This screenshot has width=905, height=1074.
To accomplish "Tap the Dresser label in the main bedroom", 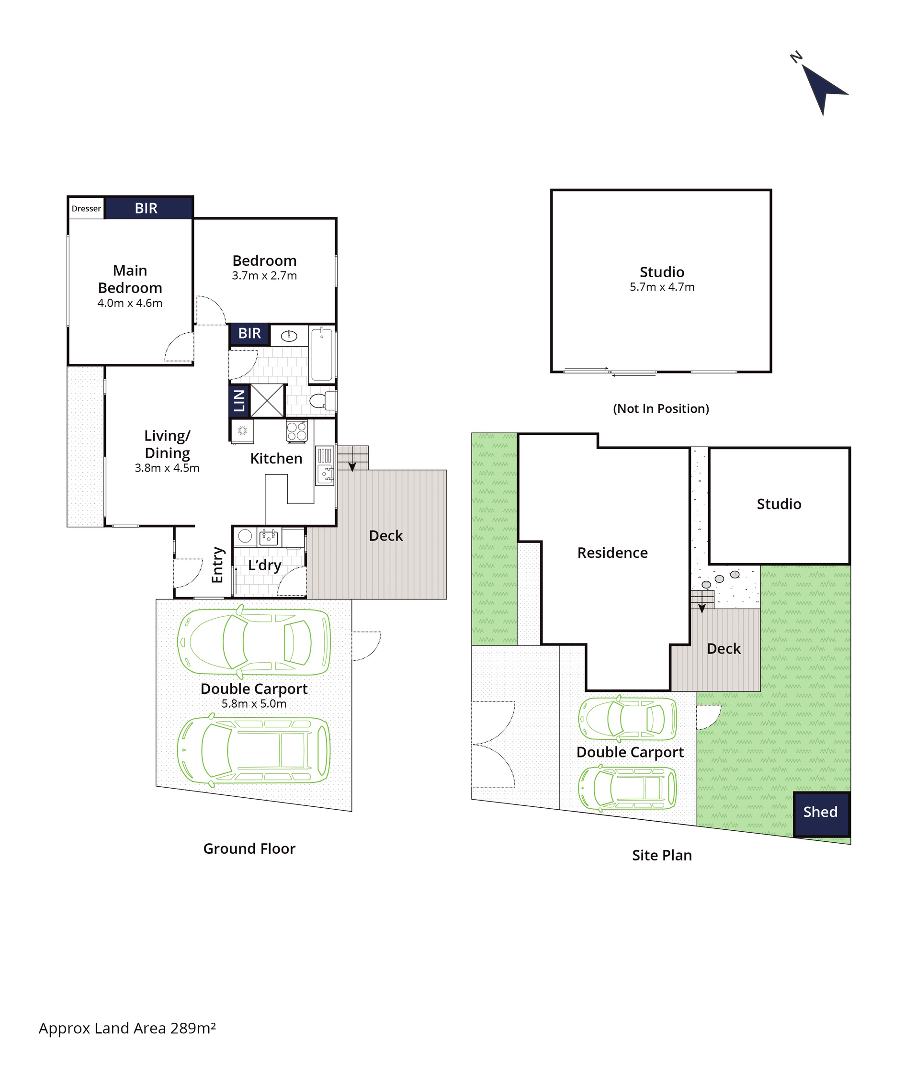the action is click(86, 209).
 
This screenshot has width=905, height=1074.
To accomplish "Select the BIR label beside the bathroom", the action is click(249, 333).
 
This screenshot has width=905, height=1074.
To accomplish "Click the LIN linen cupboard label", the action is click(239, 401).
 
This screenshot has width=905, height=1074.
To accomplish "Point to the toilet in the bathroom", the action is click(322, 401).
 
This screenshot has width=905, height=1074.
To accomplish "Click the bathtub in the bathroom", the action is click(322, 354).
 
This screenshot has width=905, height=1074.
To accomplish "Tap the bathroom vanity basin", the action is click(289, 336).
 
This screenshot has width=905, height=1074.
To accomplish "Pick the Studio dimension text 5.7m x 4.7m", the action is click(662, 287).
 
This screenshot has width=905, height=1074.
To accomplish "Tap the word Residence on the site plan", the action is click(612, 553).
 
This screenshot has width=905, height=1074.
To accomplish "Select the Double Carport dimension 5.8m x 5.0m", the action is click(254, 704).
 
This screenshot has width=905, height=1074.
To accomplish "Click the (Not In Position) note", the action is click(661, 409).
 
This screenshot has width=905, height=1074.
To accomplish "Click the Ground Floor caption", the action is click(249, 849).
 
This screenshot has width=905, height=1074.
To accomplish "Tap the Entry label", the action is click(217, 565).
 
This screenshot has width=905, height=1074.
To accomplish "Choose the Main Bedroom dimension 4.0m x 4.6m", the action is click(130, 303).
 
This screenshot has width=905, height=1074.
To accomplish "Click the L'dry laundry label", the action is click(265, 565).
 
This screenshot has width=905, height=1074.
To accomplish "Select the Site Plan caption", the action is click(662, 856).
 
